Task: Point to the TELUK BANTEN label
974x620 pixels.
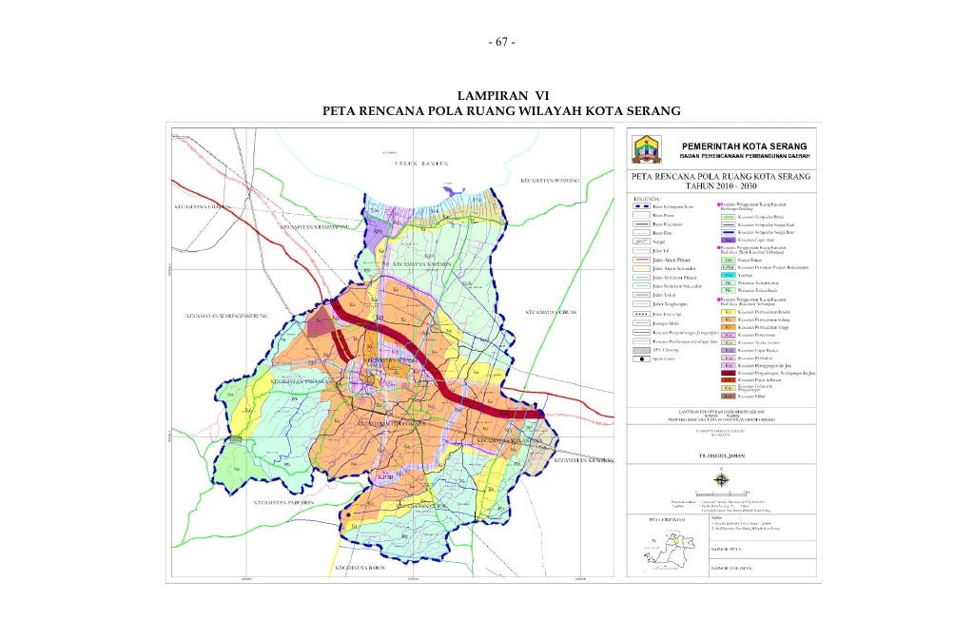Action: coord(421,164)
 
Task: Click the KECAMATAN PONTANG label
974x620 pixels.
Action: coord(549,180)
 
